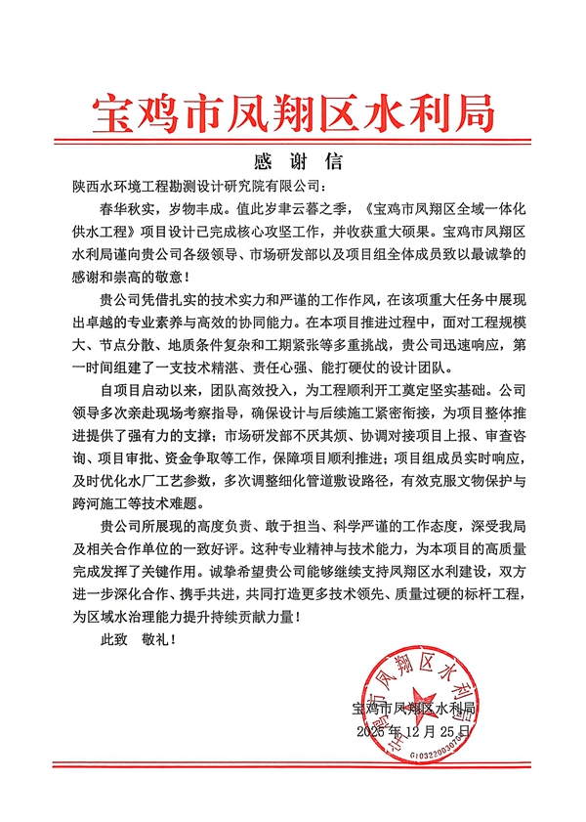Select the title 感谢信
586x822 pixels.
pos(293,161)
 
